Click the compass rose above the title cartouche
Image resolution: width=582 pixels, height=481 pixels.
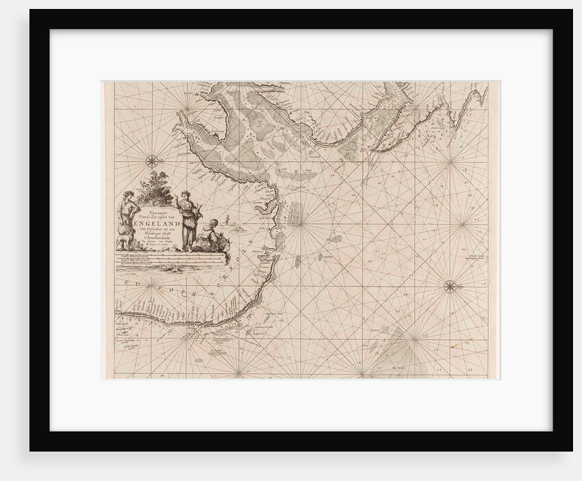point(150,161)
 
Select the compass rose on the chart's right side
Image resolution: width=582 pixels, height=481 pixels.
point(451,287)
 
